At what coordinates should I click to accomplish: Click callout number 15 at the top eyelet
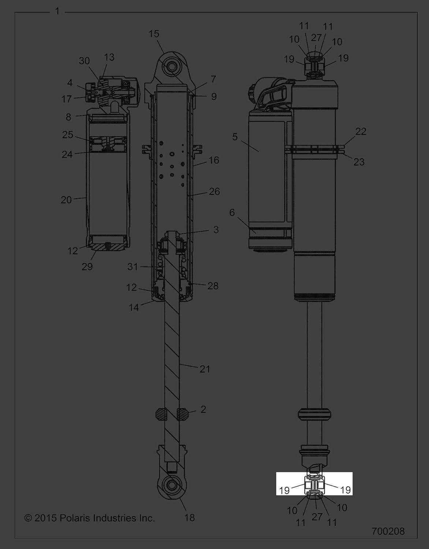click(x=154, y=34)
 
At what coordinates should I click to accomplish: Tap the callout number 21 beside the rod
click(x=205, y=369)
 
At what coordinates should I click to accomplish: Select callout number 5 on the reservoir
click(x=235, y=137)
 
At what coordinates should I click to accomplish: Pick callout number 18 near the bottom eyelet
click(x=190, y=518)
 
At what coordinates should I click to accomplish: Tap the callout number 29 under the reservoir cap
click(x=87, y=266)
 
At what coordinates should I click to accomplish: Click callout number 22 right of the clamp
click(x=361, y=131)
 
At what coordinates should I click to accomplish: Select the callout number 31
click(x=133, y=266)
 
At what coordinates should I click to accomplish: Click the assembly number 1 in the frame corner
click(x=57, y=11)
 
